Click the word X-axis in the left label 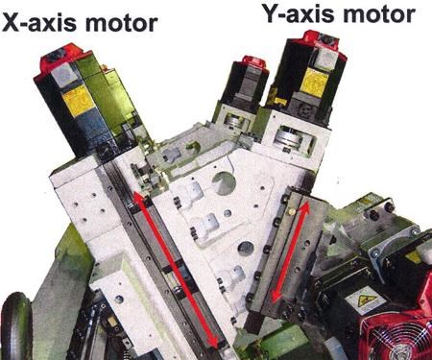tap(40, 23)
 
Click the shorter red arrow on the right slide tap(291, 252)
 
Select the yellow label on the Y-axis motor tap(315, 81)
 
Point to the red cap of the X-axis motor tap(60, 60)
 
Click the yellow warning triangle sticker tap(365, 300)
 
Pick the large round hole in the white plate tap(224, 183)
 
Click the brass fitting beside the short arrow tap(291, 211)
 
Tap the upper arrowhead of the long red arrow tap(139, 198)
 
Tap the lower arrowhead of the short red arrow tap(276, 295)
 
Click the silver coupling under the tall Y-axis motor tap(290, 137)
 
